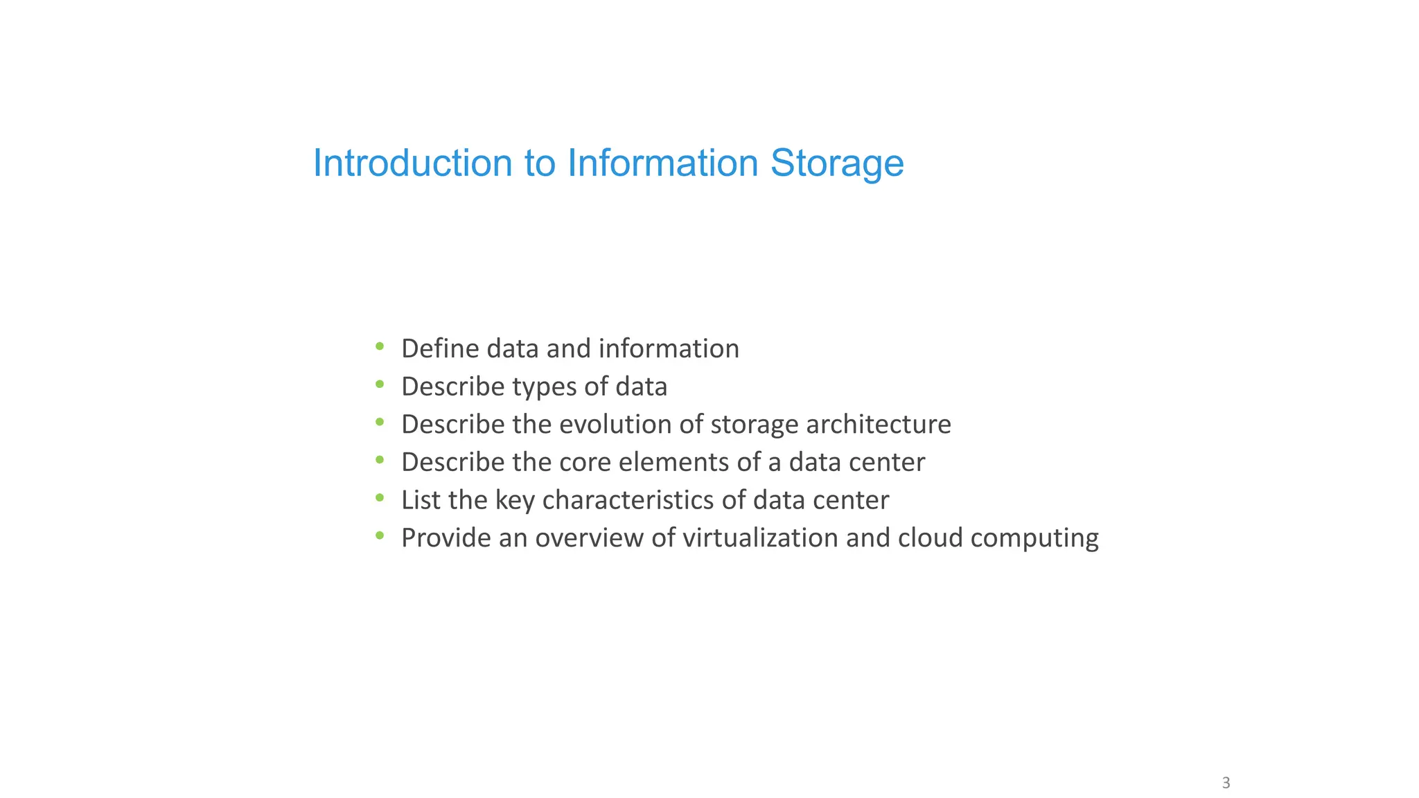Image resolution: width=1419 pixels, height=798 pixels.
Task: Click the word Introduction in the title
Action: point(412,163)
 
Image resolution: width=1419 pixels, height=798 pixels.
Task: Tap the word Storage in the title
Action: point(836,163)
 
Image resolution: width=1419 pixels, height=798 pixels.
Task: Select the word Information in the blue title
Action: point(662,163)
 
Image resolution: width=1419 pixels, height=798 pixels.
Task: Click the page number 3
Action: point(1226,783)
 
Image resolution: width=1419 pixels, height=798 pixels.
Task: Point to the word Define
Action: point(440,348)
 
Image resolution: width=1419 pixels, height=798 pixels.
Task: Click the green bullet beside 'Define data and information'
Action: point(380,346)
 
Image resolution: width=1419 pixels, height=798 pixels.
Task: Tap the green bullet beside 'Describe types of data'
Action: point(380,384)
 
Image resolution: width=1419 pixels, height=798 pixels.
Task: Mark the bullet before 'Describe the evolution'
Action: point(380,422)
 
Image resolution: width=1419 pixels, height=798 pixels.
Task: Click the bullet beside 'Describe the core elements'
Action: point(380,460)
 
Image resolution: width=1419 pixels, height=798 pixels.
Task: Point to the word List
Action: point(418,500)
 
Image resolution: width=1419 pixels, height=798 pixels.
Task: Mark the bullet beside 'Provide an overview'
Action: point(380,535)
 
